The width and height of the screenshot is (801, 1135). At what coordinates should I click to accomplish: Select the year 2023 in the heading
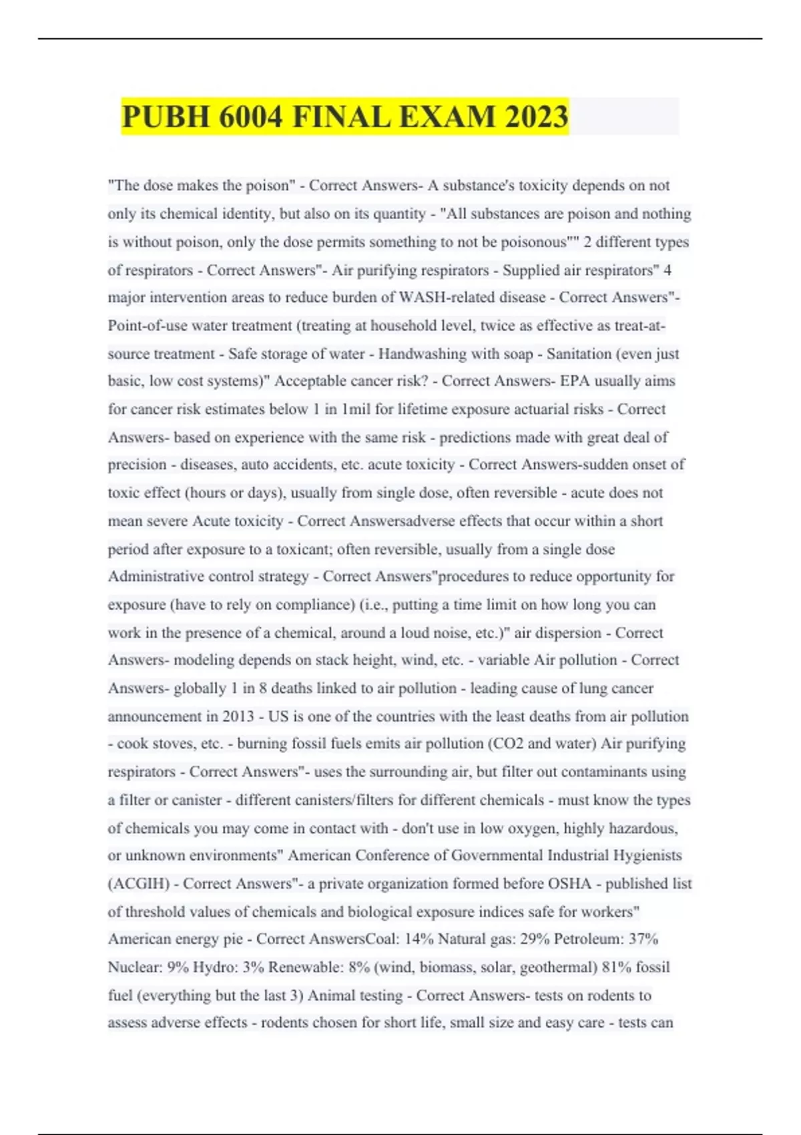click(x=536, y=117)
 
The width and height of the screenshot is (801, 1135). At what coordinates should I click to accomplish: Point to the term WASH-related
click(x=439, y=297)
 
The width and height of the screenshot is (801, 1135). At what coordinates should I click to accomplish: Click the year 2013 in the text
click(x=238, y=716)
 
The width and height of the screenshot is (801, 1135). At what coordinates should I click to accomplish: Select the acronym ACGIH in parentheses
click(x=139, y=884)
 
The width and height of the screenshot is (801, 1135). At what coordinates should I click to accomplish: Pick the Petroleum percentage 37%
click(x=643, y=939)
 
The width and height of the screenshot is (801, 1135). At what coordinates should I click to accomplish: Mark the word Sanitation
click(x=579, y=354)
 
